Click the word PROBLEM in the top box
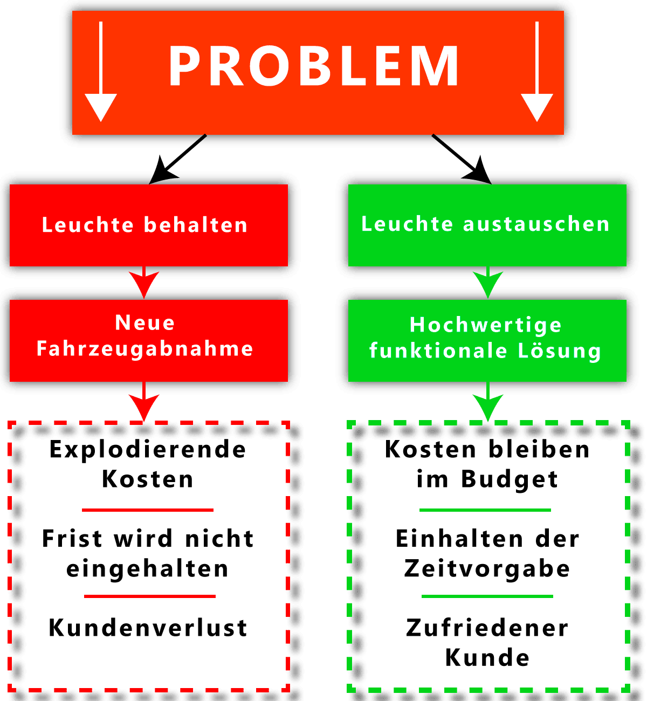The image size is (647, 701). (314, 66)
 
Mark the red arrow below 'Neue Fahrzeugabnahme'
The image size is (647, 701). (144, 404)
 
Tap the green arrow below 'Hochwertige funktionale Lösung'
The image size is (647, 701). (487, 404)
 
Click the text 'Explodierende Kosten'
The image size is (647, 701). (148, 464)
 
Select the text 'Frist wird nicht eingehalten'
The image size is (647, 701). (148, 553)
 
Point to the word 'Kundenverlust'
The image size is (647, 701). (148, 628)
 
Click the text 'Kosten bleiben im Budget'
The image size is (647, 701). (487, 464)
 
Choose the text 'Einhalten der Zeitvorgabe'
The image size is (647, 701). (487, 553)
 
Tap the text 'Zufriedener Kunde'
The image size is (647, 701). (487, 643)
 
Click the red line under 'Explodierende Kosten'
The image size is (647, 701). (148, 510)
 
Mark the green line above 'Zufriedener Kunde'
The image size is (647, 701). (487, 596)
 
